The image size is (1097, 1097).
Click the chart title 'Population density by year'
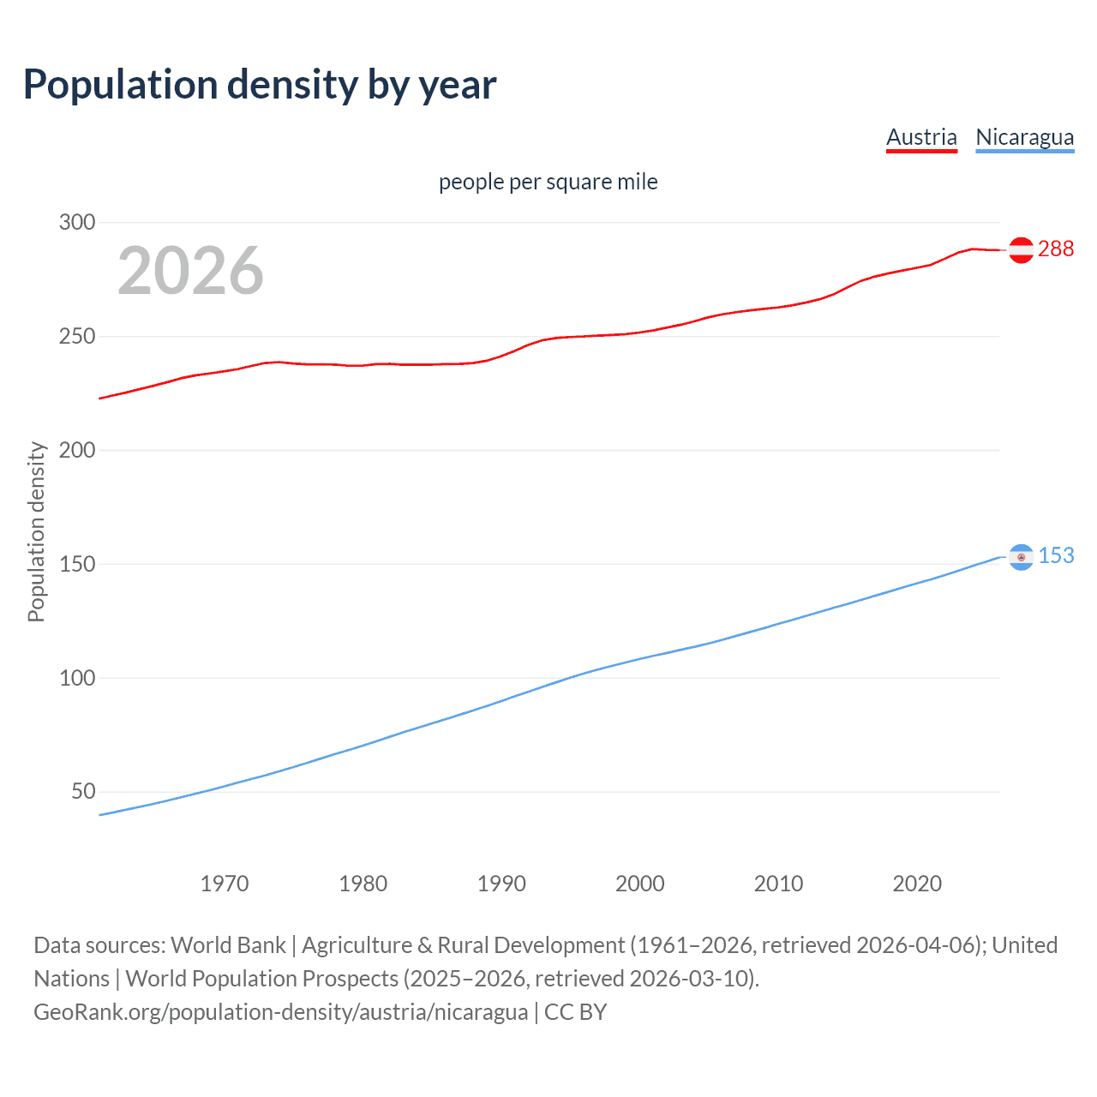[260, 85]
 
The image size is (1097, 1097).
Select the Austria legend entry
[921, 138]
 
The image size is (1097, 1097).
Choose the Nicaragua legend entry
[1024, 138]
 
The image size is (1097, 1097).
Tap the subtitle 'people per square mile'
[548, 182]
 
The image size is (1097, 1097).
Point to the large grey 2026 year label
[190, 271]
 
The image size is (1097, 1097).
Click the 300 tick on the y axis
[76, 223]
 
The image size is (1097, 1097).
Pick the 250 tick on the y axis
[76, 337]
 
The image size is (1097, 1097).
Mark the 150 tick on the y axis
[76, 564]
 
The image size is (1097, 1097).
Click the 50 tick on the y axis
[82, 791]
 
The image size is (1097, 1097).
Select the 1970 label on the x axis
[225, 884]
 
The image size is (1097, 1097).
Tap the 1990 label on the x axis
[501, 884]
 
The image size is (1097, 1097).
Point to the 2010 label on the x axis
[778, 884]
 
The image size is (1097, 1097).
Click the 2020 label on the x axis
[917, 884]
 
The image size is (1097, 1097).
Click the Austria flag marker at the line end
[1021, 249]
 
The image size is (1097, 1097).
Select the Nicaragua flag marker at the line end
[1021, 557]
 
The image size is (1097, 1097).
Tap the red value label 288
[1055, 249]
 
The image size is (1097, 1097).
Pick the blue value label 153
[1056, 555]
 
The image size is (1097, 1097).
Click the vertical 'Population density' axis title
[36, 531]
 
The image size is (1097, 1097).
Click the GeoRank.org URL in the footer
[280, 1012]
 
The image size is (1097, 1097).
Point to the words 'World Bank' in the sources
[228, 945]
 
